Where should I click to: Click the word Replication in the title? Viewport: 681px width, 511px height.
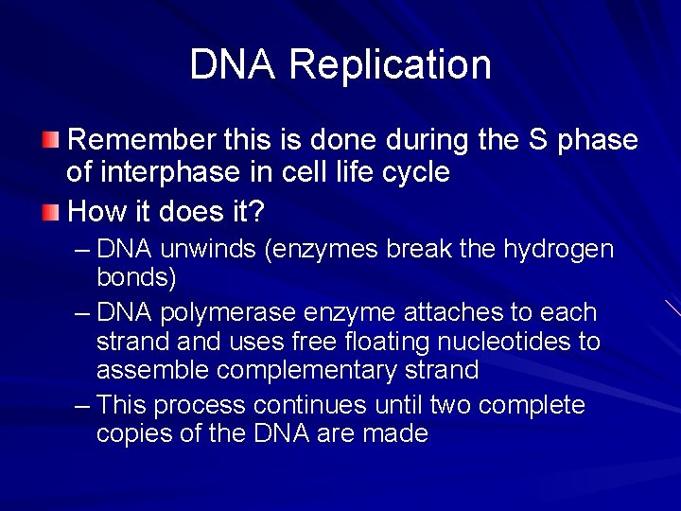[x=390, y=64]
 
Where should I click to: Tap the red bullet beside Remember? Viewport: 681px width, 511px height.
[x=50, y=141]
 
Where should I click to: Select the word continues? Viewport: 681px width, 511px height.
[x=307, y=405]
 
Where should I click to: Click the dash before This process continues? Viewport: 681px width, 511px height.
[x=82, y=405]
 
